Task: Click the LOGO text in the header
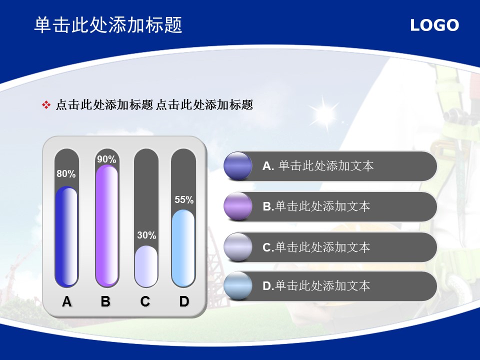434,25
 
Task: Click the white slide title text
108,25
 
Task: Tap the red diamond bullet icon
46,105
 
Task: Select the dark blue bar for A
66,236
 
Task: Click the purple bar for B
107,225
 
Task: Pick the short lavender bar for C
146,266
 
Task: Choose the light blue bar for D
183,248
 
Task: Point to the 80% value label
66,174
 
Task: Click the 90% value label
106,159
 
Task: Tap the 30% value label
146,235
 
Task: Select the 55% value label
184,200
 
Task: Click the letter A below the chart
66,301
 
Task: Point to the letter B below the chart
105,301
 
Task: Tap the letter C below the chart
145,301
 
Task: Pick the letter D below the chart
184,301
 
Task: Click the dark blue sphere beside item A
238,166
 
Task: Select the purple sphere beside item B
238,206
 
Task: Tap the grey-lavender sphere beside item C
238,247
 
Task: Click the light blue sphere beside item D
238,285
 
